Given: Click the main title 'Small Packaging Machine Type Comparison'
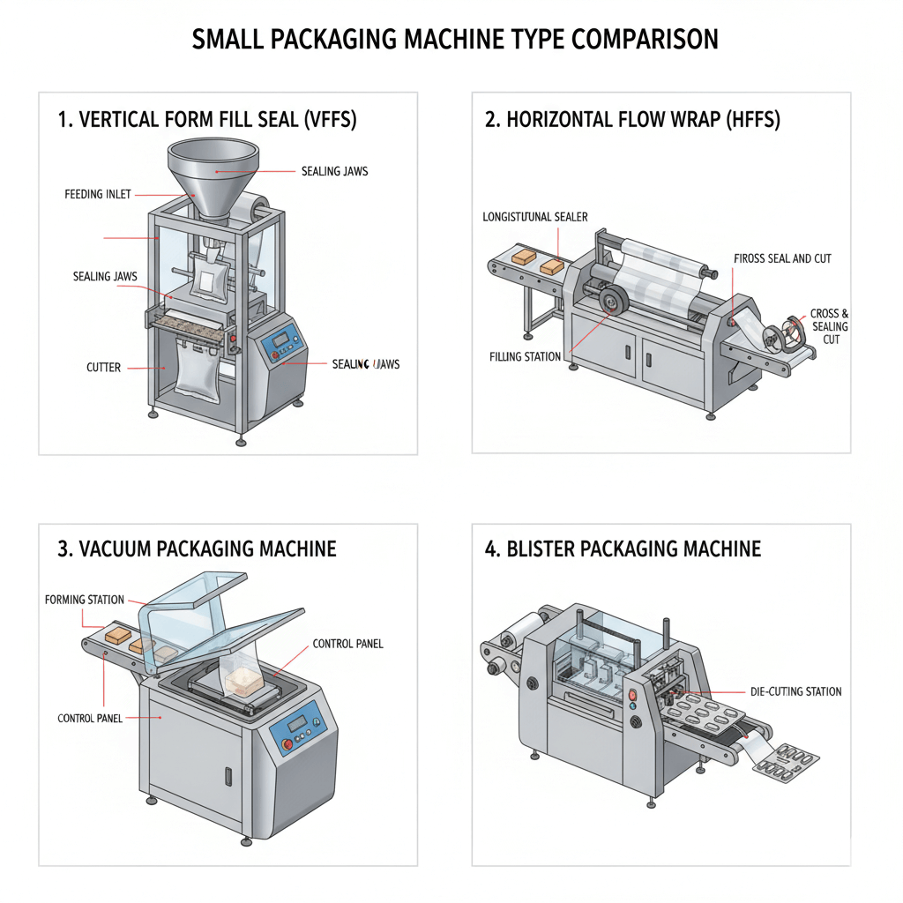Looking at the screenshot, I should (455, 40).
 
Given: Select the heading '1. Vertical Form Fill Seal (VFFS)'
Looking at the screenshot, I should (207, 121).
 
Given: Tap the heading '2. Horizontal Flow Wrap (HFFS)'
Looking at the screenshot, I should (632, 121).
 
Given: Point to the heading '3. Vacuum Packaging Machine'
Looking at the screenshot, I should (197, 549).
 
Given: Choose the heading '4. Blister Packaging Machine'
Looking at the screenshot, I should (623, 549).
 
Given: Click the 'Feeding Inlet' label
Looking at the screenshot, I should (98, 194).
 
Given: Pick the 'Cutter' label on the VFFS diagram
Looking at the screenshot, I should (103, 367).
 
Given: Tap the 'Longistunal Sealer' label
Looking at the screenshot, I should (535, 217).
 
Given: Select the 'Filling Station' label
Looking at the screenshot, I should (525, 357).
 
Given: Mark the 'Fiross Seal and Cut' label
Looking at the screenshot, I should (782, 259).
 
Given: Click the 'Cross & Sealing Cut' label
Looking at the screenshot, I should (830, 326).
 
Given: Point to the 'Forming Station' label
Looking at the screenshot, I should (85, 600).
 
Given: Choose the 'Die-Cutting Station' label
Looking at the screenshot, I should (795, 691).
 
